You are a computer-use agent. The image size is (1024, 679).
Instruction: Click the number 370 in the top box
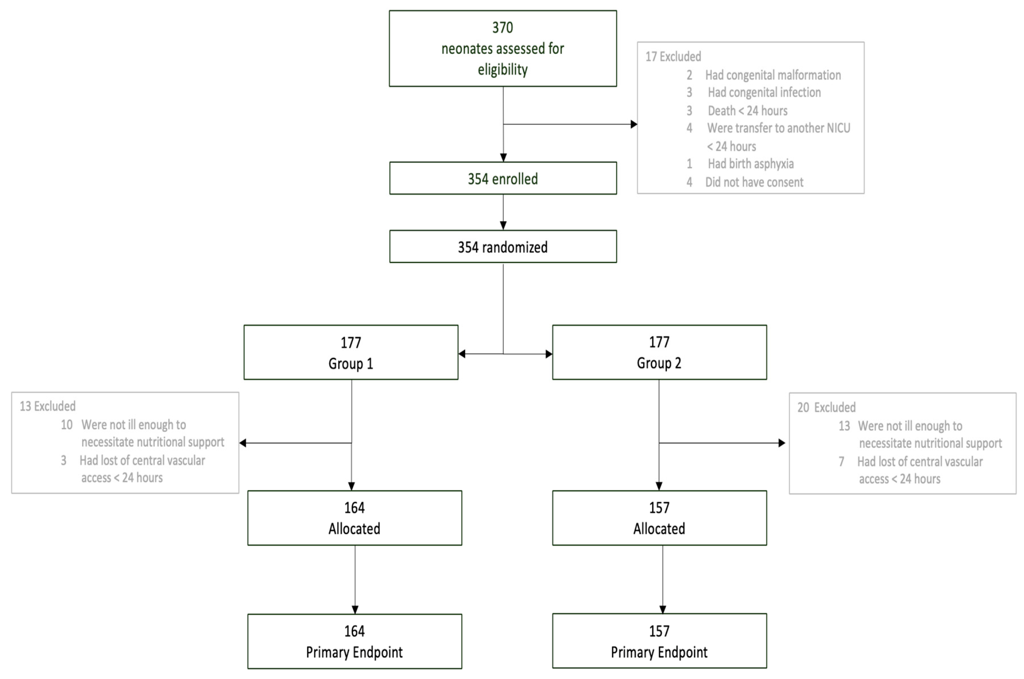[503, 28]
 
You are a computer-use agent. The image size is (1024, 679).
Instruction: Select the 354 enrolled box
[503, 179]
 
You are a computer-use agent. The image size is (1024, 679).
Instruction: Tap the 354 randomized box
[503, 247]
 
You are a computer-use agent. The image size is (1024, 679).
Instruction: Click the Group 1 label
[350, 363]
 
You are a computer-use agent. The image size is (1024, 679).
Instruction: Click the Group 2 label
[659, 363]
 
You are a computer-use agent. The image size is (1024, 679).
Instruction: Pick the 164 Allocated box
[354, 518]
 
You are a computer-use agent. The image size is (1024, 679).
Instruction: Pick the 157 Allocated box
[659, 518]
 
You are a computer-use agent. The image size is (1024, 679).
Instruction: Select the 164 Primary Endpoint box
[354, 641]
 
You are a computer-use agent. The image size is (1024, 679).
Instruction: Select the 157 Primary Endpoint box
[659, 641]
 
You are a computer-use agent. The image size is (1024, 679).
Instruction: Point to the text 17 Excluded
[673, 57]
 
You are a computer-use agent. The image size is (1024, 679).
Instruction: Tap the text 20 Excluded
[826, 408]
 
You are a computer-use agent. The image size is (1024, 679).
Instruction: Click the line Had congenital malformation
[773, 75]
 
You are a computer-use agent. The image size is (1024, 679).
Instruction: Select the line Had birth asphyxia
[750, 164]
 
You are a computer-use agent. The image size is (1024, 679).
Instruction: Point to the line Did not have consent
[754, 183]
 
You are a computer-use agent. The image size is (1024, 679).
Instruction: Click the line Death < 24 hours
[748, 111]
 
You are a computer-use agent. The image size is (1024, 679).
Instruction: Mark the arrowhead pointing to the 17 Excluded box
[633, 124]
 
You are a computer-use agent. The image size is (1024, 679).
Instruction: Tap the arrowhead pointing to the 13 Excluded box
[243, 443]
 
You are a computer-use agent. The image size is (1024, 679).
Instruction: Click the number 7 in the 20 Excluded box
[841, 461]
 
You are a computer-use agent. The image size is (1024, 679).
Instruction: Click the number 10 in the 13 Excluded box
[66, 425]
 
